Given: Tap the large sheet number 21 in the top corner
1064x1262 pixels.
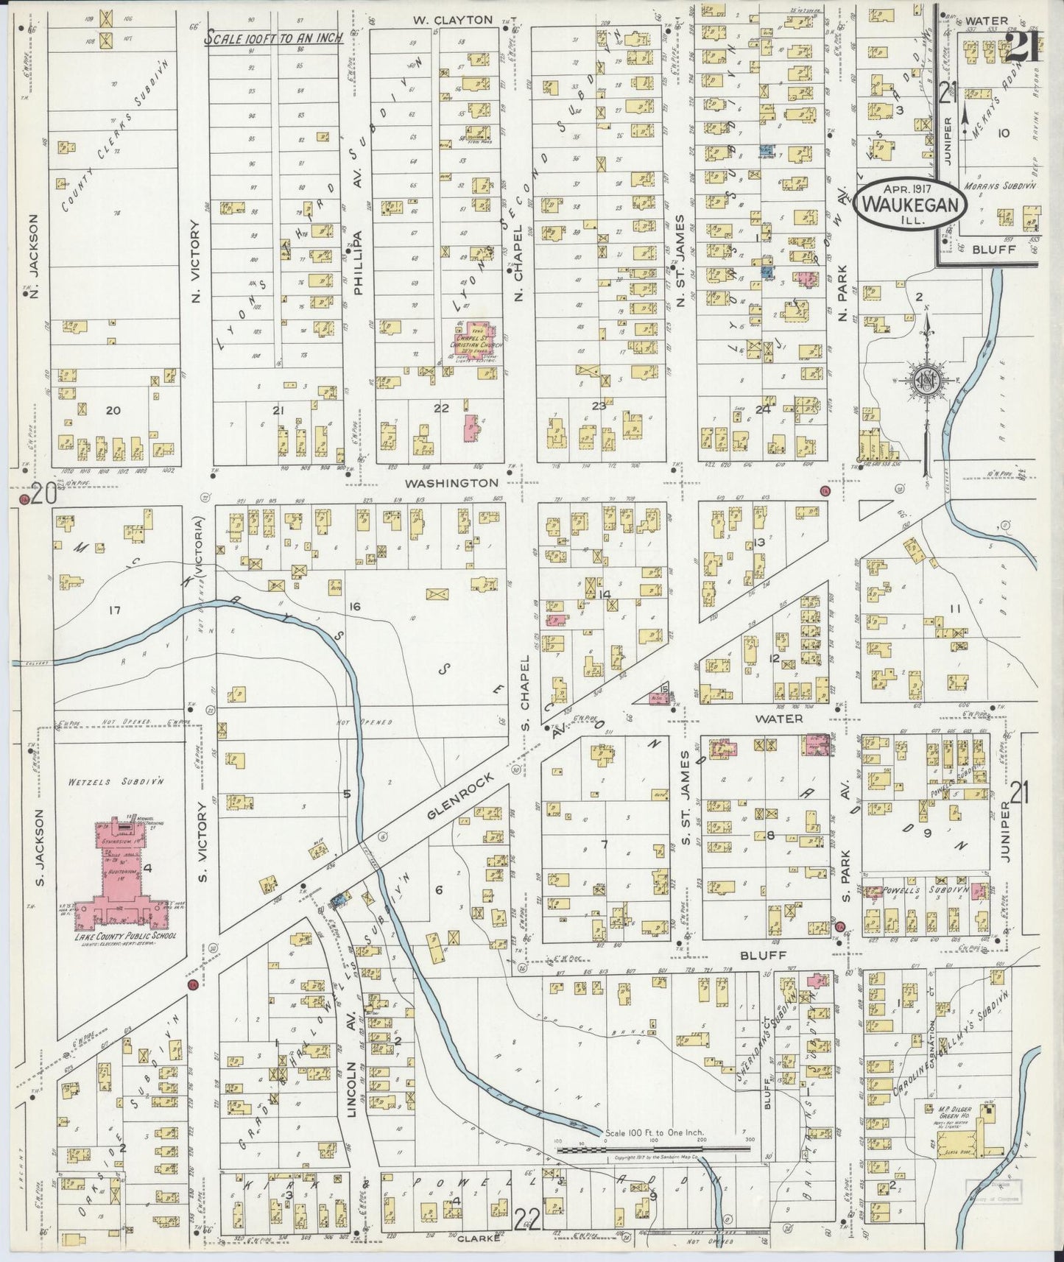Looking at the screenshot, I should [1021, 49].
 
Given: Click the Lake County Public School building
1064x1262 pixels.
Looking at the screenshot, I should [131, 884].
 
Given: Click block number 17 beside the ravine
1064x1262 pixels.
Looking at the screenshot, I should [113, 610].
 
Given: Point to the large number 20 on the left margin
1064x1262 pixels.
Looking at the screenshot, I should [43, 495].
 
